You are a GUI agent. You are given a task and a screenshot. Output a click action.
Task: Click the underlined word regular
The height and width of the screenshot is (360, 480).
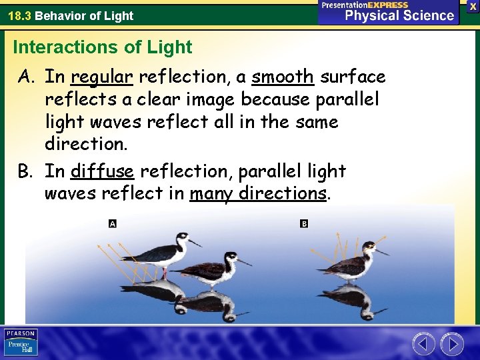click(102, 78)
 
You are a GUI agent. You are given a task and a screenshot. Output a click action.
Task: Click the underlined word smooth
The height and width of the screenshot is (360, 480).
click(283, 77)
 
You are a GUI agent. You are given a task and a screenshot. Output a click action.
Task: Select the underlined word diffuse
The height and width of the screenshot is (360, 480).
click(102, 171)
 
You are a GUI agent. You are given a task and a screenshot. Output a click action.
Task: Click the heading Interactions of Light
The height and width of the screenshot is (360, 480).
click(102, 47)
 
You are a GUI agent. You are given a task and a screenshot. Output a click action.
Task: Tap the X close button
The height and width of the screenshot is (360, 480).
click(472, 5)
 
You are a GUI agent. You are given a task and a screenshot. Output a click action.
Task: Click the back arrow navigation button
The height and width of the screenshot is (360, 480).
click(423, 344)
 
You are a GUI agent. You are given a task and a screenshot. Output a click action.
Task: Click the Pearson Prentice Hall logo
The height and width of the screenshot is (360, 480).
click(21, 342)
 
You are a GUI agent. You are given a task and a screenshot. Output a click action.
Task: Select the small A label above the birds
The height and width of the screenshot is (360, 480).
click(113, 223)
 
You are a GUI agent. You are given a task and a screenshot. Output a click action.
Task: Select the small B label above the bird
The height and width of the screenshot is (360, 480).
click(304, 223)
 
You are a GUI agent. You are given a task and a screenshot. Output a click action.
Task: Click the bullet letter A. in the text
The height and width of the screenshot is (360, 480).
click(27, 78)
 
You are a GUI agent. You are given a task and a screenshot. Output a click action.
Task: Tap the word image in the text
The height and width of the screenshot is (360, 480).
click(209, 100)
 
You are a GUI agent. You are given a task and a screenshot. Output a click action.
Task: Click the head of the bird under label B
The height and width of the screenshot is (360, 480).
click(369, 246)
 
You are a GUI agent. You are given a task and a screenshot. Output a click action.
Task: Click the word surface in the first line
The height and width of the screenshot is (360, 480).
click(353, 77)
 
